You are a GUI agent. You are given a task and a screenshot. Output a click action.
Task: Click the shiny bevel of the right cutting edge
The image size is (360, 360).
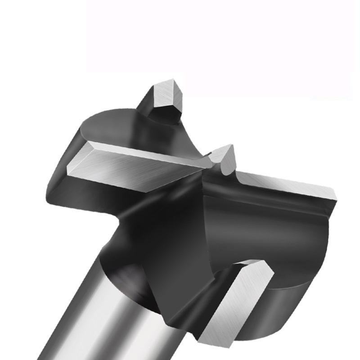(288, 184)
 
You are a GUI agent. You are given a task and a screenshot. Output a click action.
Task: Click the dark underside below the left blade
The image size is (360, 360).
(90, 193)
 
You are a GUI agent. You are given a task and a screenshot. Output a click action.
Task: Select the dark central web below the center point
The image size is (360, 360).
(189, 234)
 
